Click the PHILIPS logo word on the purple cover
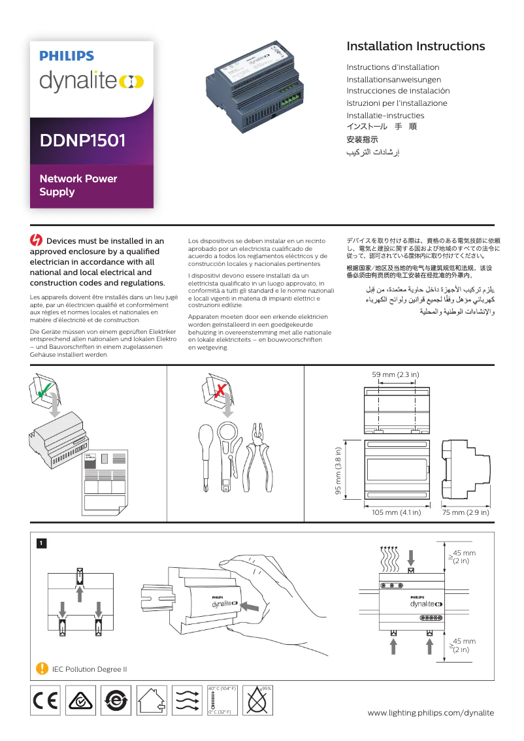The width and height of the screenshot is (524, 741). [x=67, y=57]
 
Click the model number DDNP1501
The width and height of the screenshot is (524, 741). [x=83, y=140]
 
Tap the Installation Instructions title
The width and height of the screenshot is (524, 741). [x=416, y=46]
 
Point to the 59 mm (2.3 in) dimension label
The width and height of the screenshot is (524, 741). [x=395, y=374]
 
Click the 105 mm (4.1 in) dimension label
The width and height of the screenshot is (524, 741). [x=396, y=512]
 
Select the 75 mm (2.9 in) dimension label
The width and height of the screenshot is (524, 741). [x=465, y=512]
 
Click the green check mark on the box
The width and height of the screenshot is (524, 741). [x=43, y=393]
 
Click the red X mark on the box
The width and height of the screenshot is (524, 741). [x=221, y=391]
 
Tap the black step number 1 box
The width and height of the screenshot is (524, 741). [x=41, y=543]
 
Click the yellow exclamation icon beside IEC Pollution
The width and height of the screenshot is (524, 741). [x=42, y=668]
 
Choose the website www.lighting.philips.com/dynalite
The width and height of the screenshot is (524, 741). [x=431, y=712]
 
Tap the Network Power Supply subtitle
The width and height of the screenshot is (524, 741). [x=78, y=185]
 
